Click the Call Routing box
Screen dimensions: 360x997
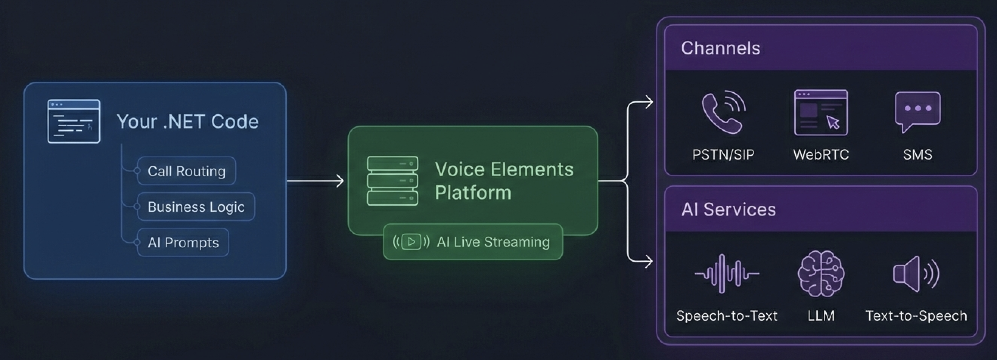pyautogui.click(x=186, y=171)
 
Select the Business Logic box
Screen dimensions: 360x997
pyautogui.click(x=196, y=207)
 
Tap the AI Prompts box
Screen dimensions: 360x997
pyautogui.click(x=183, y=242)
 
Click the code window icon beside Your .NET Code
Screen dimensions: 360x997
pyautogui.click(x=73, y=121)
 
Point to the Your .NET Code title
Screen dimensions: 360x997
pyautogui.click(x=187, y=121)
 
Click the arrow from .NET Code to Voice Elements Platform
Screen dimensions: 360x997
pyautogui.click(x=315, y=181)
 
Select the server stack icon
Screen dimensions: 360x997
pyautogui.click(x=393, y=181)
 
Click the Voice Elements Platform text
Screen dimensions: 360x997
pyautogui.click(x=503, y=181)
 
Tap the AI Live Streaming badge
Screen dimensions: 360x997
pyautogui.click(x=472, y=242)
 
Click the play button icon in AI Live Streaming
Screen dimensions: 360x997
pyautogui.click(x=411, y=242)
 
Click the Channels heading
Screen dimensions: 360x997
pyautogui.click(x=720, y=48)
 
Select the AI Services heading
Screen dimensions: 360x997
pyautogui.click(x=728, y=209)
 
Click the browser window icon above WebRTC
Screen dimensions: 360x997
pyautogui.click(x=821, y=113)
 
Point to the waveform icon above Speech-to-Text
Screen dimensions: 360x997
pyautogui.click(x=727, y=274)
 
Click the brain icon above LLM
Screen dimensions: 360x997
pyautogui.click(x=821, y=274)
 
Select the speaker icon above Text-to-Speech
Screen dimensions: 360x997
pyautogui.click(x=916, y=274)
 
